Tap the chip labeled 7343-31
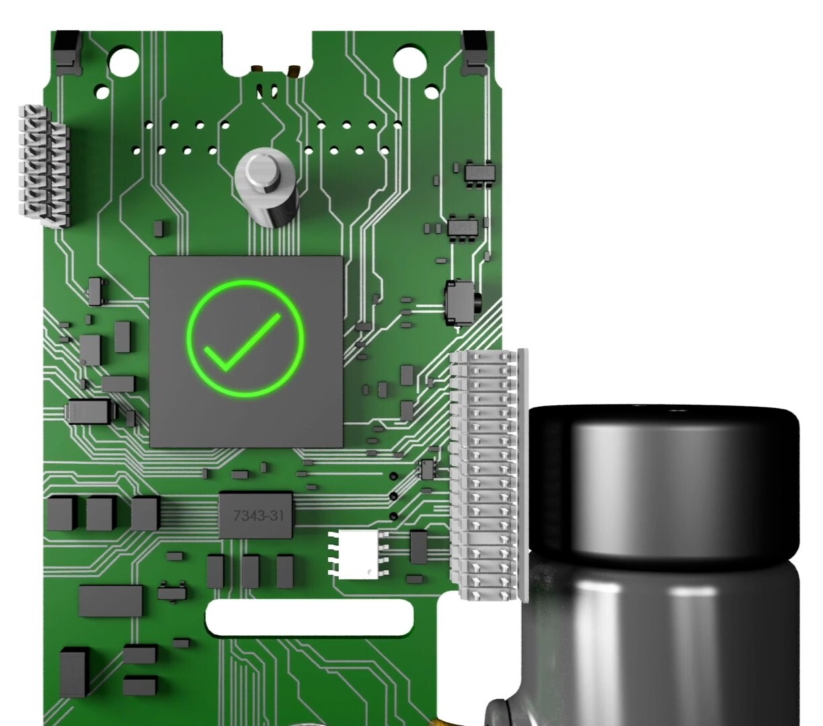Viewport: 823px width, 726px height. (x=256, y=515)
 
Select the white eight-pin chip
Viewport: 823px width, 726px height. (x=358, y=554)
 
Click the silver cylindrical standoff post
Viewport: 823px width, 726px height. (x=266, y=188)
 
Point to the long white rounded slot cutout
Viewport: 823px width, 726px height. (x=309, y=617)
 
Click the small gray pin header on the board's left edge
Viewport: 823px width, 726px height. (x=44, y=165)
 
